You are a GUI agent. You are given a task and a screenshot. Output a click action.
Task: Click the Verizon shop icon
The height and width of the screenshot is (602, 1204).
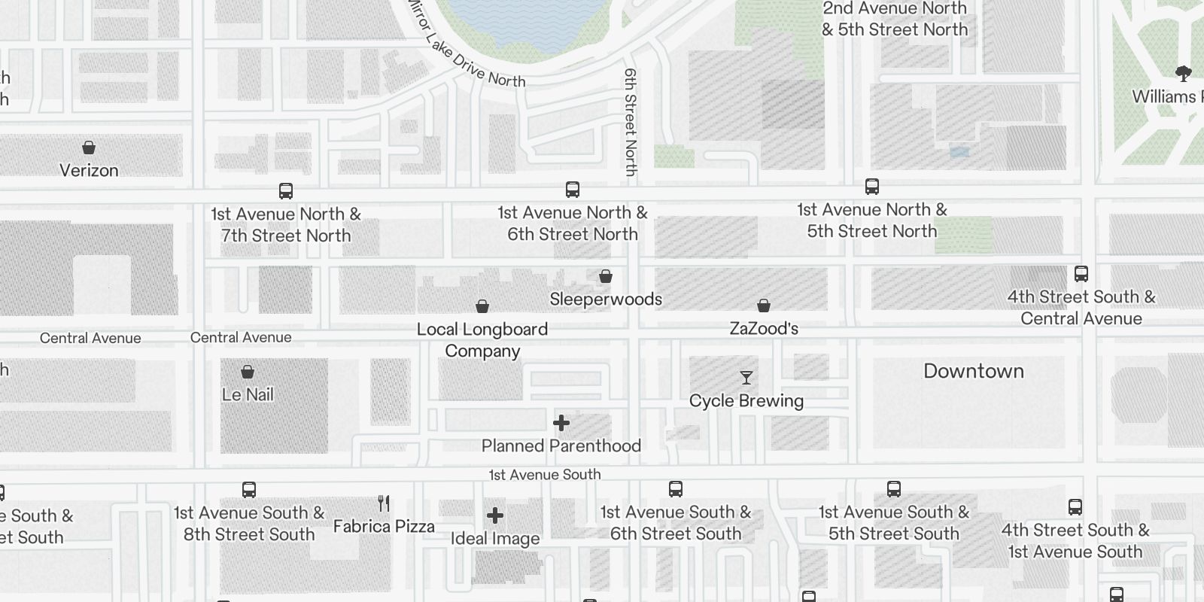[x=89, y=147]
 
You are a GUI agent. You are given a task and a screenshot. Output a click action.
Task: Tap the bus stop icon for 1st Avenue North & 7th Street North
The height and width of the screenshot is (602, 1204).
[x=286, y=191]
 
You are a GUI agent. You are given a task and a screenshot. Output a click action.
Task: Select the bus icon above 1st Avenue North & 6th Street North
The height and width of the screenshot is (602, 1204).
[x=573, y=190]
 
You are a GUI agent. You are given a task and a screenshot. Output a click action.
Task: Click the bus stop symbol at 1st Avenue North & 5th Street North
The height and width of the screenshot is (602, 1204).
[x=872, y=187]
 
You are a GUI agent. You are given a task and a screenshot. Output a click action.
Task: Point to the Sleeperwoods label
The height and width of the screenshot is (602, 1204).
[x=606, y=299]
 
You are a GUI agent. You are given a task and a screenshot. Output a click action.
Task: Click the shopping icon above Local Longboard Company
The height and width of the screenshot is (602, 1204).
[x=482, y=306]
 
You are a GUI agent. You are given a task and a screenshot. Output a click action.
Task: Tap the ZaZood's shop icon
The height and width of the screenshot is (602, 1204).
[x=764, y=306]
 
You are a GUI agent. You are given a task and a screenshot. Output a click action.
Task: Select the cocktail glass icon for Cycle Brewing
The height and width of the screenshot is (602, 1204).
[x=746, y=378]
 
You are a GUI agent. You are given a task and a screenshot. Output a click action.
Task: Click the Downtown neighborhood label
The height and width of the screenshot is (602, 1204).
[x=974, y=371]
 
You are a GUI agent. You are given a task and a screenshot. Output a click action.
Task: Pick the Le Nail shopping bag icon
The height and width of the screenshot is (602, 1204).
[x=248, y=372]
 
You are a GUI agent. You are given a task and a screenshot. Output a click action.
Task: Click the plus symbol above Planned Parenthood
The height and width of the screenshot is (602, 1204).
[x=561, y=423]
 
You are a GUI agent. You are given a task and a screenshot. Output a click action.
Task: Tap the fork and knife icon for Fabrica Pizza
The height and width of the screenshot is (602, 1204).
[x=384, y=503]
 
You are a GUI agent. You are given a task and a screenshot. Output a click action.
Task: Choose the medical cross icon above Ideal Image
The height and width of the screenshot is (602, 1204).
[x=495, y=515]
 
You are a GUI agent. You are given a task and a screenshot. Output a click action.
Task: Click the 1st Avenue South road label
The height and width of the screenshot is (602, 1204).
[x=545, y=475]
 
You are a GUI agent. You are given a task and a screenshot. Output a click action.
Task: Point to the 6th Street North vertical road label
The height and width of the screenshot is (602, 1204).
[x=631, y=122]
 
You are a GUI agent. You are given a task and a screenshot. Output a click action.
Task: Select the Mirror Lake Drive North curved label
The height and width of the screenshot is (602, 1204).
[x=467, y=53]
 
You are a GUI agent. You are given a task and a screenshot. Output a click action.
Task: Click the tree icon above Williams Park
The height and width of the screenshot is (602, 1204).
[x=1183, y=74]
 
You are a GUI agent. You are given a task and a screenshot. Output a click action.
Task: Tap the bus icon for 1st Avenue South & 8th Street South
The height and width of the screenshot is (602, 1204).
[x=249, y=490]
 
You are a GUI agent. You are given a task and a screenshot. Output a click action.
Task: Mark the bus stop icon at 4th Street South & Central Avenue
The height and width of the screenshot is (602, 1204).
[x=1081, y=274]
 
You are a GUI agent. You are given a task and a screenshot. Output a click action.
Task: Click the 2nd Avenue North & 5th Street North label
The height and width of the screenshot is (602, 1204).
[x=895, y=19]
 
